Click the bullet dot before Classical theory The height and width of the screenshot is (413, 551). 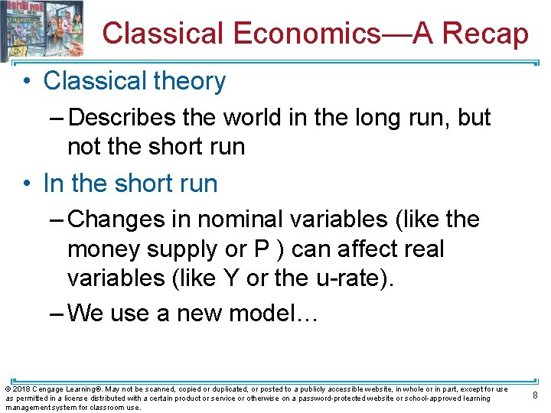pyautogui.click(x=28, y=81)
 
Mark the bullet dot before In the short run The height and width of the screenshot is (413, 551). pyautogui.click(x=28, y=184)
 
